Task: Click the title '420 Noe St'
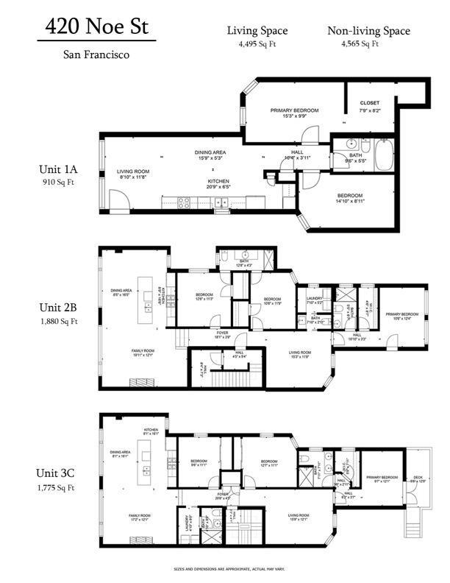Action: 97,27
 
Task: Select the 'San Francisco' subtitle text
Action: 97,54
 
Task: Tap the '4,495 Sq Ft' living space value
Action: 257,43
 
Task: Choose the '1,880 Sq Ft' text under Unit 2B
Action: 60,321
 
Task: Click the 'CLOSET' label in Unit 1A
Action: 370,102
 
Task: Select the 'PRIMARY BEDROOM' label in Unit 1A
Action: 293,111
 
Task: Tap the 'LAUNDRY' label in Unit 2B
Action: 315,297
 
